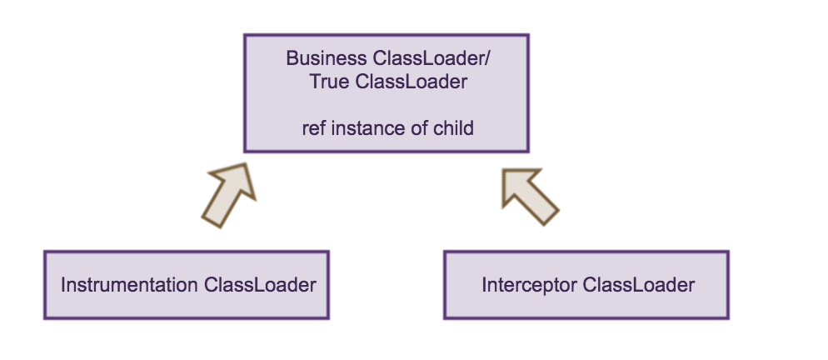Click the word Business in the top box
(321, 58)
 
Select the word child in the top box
(450, 129)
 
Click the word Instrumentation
(130, 285)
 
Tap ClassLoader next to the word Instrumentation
(260, 285)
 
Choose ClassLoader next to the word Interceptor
(639, 285)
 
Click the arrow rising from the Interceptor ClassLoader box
(529, 193)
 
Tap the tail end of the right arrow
(550, 214)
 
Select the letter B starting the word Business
(292, 58)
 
